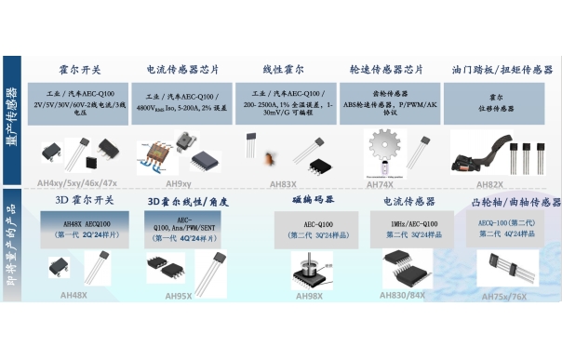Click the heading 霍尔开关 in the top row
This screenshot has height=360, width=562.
(x=81, y=70)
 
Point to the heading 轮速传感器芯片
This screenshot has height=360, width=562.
(x=386, y=70)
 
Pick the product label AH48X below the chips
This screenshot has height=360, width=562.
(x=73, y=295)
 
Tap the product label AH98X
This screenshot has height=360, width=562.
(x=309, y=297)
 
